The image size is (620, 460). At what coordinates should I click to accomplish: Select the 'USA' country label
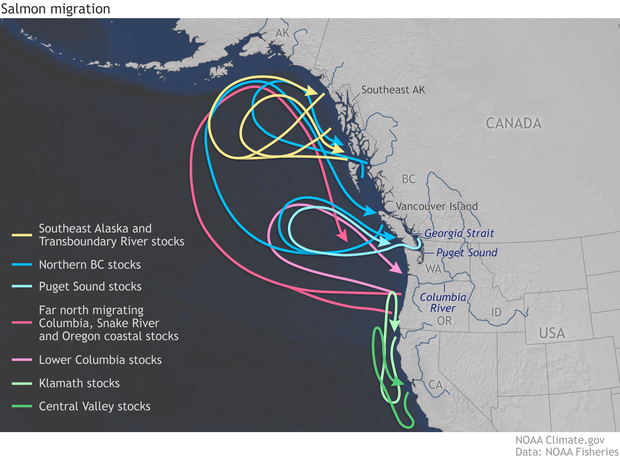coord(553,332)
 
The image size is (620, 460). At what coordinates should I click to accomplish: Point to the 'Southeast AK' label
coord(393,90)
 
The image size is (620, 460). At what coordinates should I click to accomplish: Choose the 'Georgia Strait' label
coord(459,231)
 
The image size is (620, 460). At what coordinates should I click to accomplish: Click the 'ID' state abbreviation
coord(497,313)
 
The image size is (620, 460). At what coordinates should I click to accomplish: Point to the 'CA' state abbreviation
coord(436,385)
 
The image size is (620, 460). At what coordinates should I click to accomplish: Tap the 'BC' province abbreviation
coord(407,178)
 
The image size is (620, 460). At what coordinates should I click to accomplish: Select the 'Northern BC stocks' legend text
coord(89,265)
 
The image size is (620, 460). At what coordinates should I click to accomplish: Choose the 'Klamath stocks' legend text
coord(79,383)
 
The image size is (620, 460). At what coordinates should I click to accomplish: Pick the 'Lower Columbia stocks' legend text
coord(100,359)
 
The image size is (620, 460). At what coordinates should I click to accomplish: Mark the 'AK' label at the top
coord(281,34)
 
